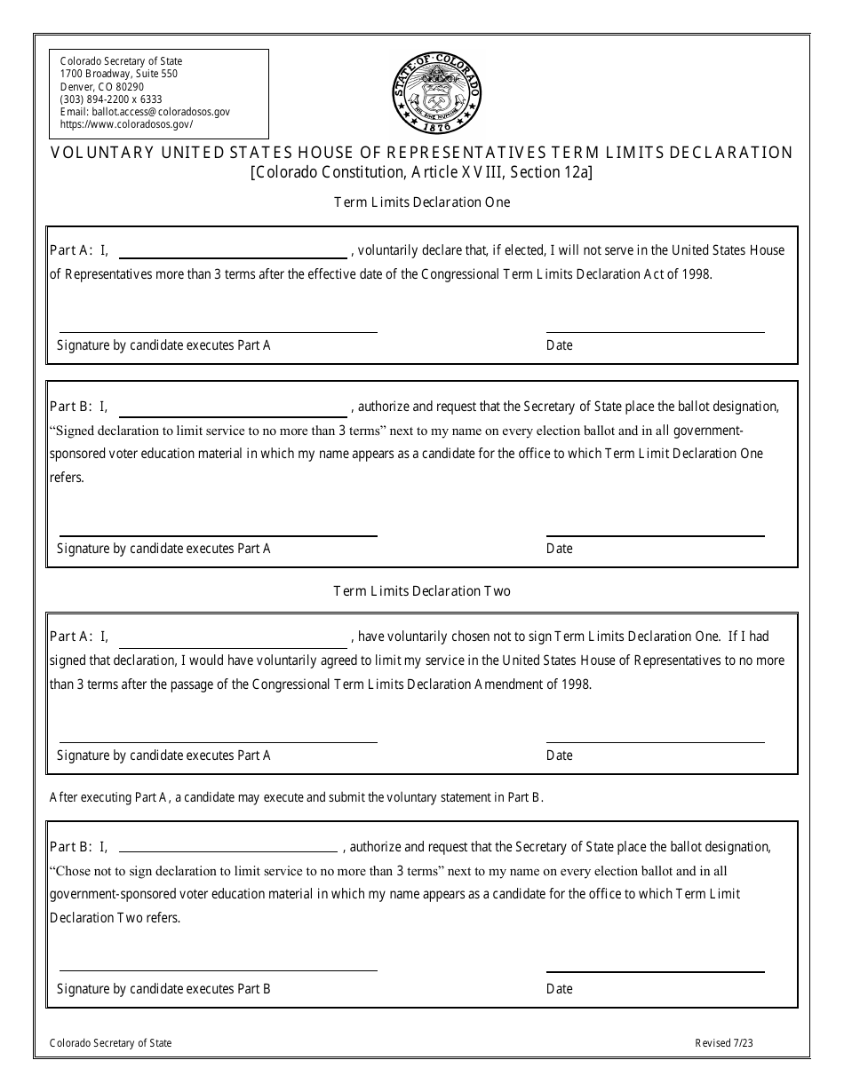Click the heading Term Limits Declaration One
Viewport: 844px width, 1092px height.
point(422,202)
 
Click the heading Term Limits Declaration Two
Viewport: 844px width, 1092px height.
point(422,590)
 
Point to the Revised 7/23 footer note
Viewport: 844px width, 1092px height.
point(724,1043)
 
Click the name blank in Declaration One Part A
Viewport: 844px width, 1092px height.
point(233,251)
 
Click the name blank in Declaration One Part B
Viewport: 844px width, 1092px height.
point(233,408)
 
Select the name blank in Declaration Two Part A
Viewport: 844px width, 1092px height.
point(233,637)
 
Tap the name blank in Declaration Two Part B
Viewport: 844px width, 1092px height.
point(228,848)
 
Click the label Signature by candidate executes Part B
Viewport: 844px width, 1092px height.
point(163,988)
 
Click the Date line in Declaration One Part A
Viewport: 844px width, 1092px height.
point(655,330)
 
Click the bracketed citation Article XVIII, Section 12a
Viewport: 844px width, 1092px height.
point(422,173)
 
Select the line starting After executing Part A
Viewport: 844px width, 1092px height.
point(296,797)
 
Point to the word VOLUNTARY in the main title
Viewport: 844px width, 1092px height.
point(101,153)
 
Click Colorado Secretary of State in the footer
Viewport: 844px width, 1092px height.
point(111,1043)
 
